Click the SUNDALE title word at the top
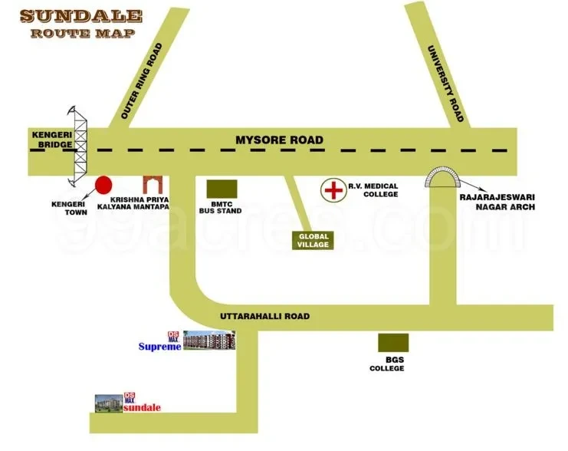[x=81, y=15]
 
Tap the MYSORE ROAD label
[x=279, y=140]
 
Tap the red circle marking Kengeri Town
[x=103, y=185]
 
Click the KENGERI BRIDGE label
[x=51, y=138]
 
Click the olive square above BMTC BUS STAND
[x=222, y=189]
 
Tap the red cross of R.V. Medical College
[x=333, y=189]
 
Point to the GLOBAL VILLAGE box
[x=313, y=240]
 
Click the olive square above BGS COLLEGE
[x=392, y=343]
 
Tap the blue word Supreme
[x=159, y=347]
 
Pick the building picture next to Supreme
[x=209, y=341]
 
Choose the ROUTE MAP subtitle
[x=82, y=33]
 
